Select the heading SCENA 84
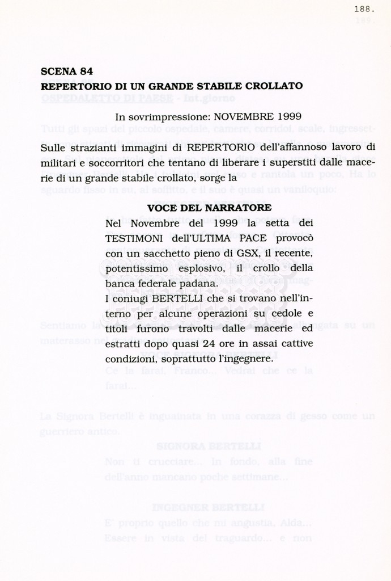click(67, 71)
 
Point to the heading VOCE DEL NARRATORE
click(209, 208)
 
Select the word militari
click(59, 163)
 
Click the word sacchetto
click(159, 253)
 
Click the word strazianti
click(90, 148)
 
